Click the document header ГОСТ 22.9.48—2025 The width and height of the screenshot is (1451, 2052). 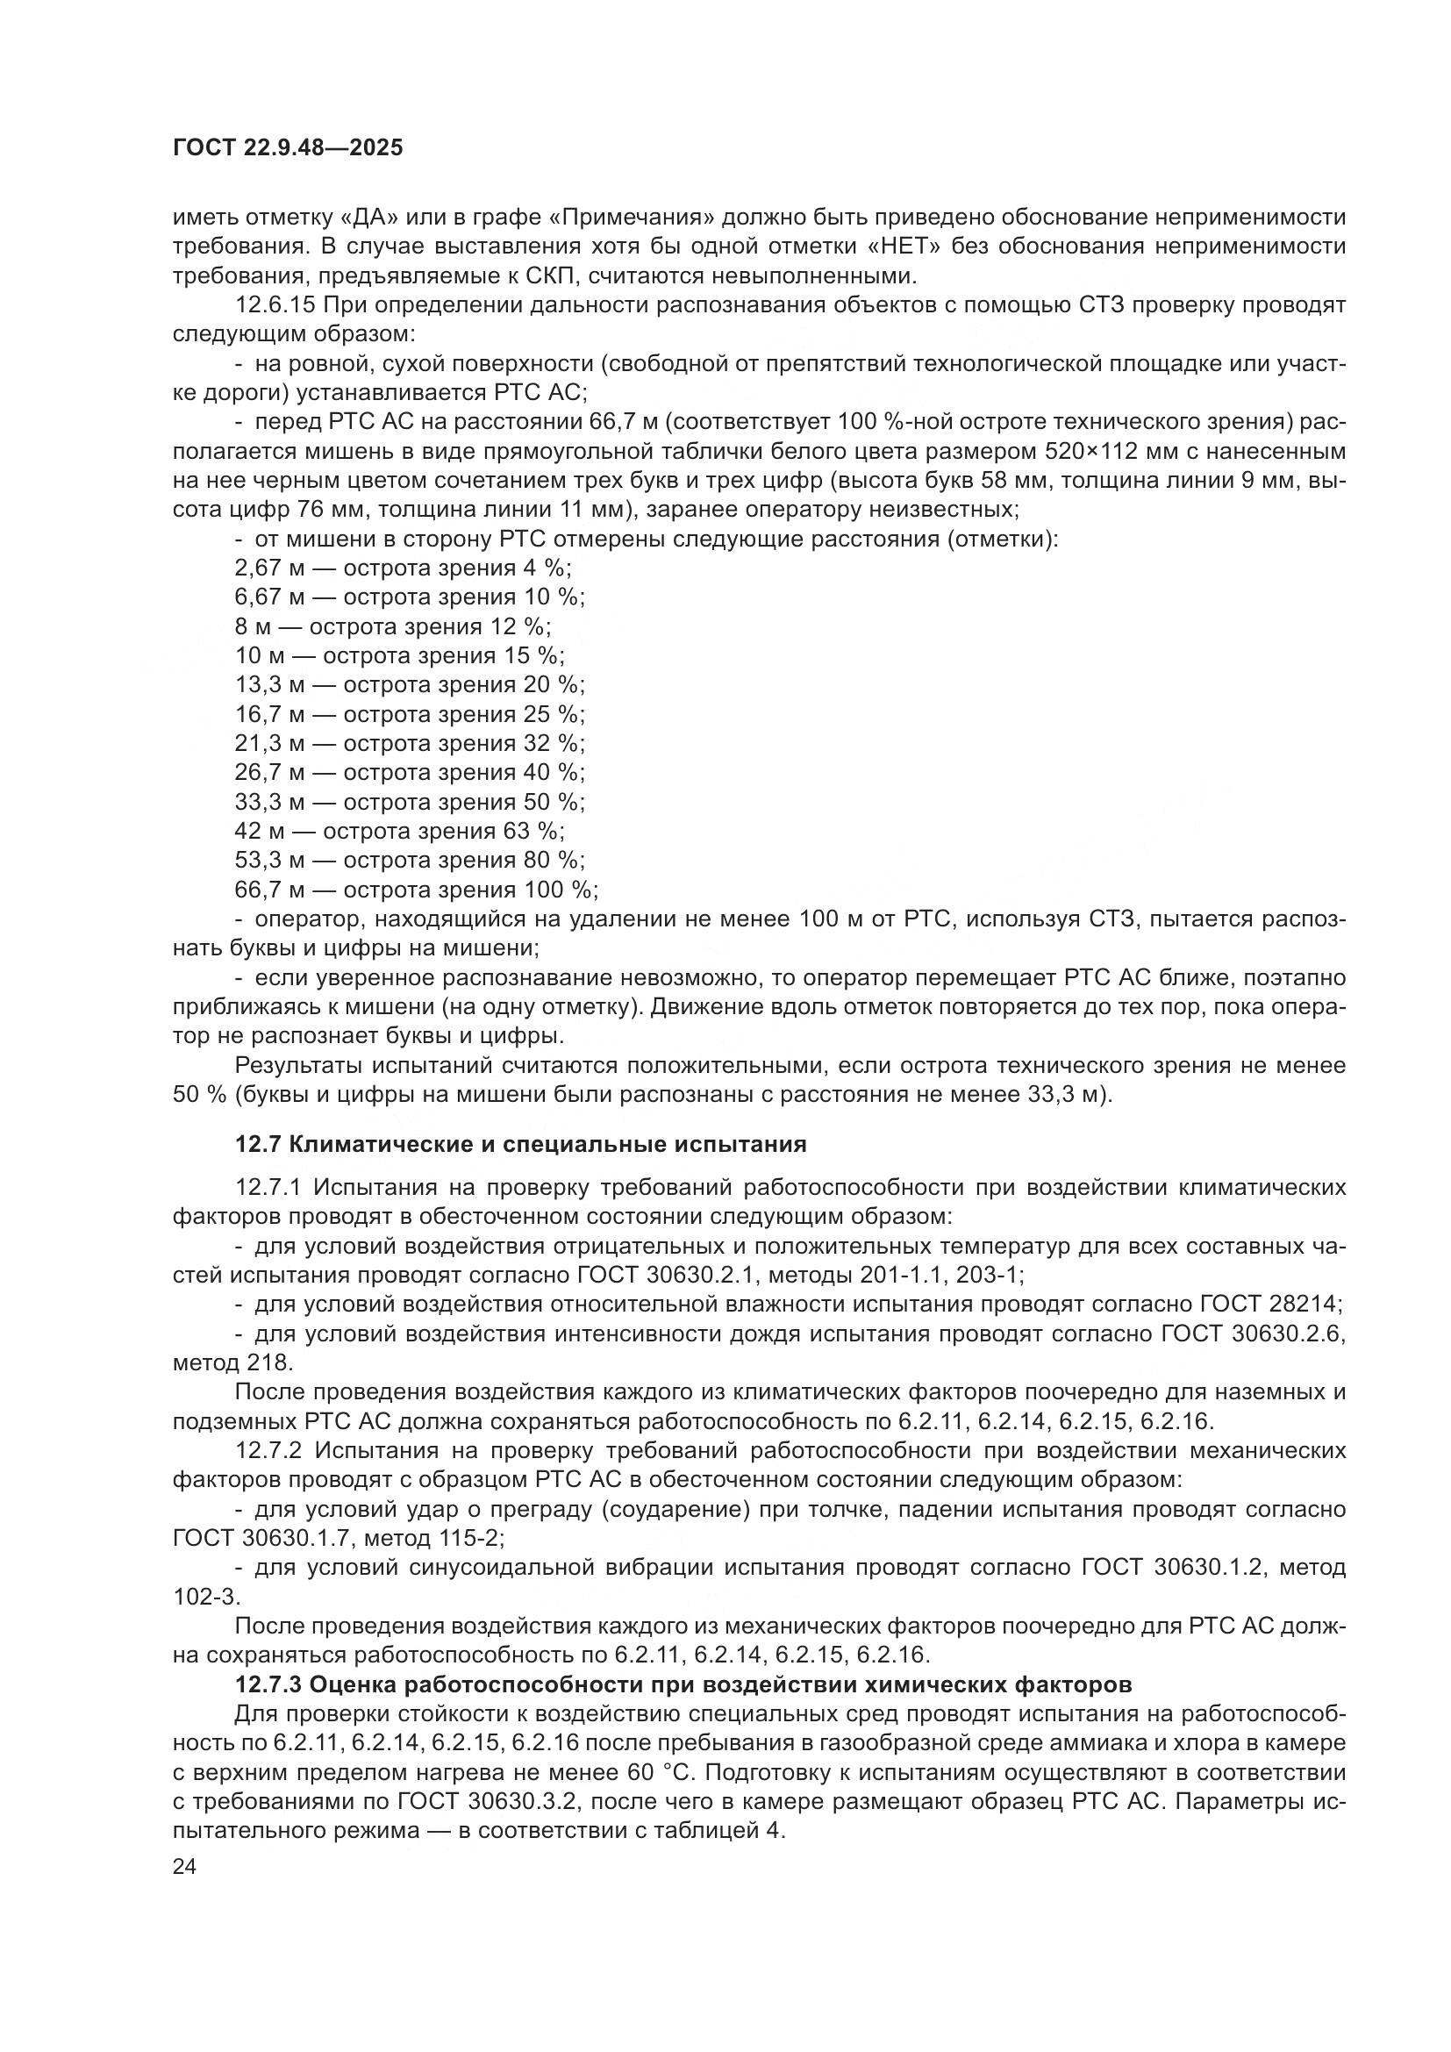pos(288,147)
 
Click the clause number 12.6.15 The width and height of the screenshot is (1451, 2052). pos(275,305)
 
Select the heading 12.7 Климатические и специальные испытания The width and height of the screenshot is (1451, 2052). pos(520,1144)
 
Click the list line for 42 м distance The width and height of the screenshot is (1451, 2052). pos(399,831)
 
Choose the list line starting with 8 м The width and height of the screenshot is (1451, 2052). pos(393,626)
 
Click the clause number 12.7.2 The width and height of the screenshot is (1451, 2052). pos(270,1450)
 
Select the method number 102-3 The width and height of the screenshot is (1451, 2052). pos(204,1597)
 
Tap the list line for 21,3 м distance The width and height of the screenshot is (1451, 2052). pos(409,744)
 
